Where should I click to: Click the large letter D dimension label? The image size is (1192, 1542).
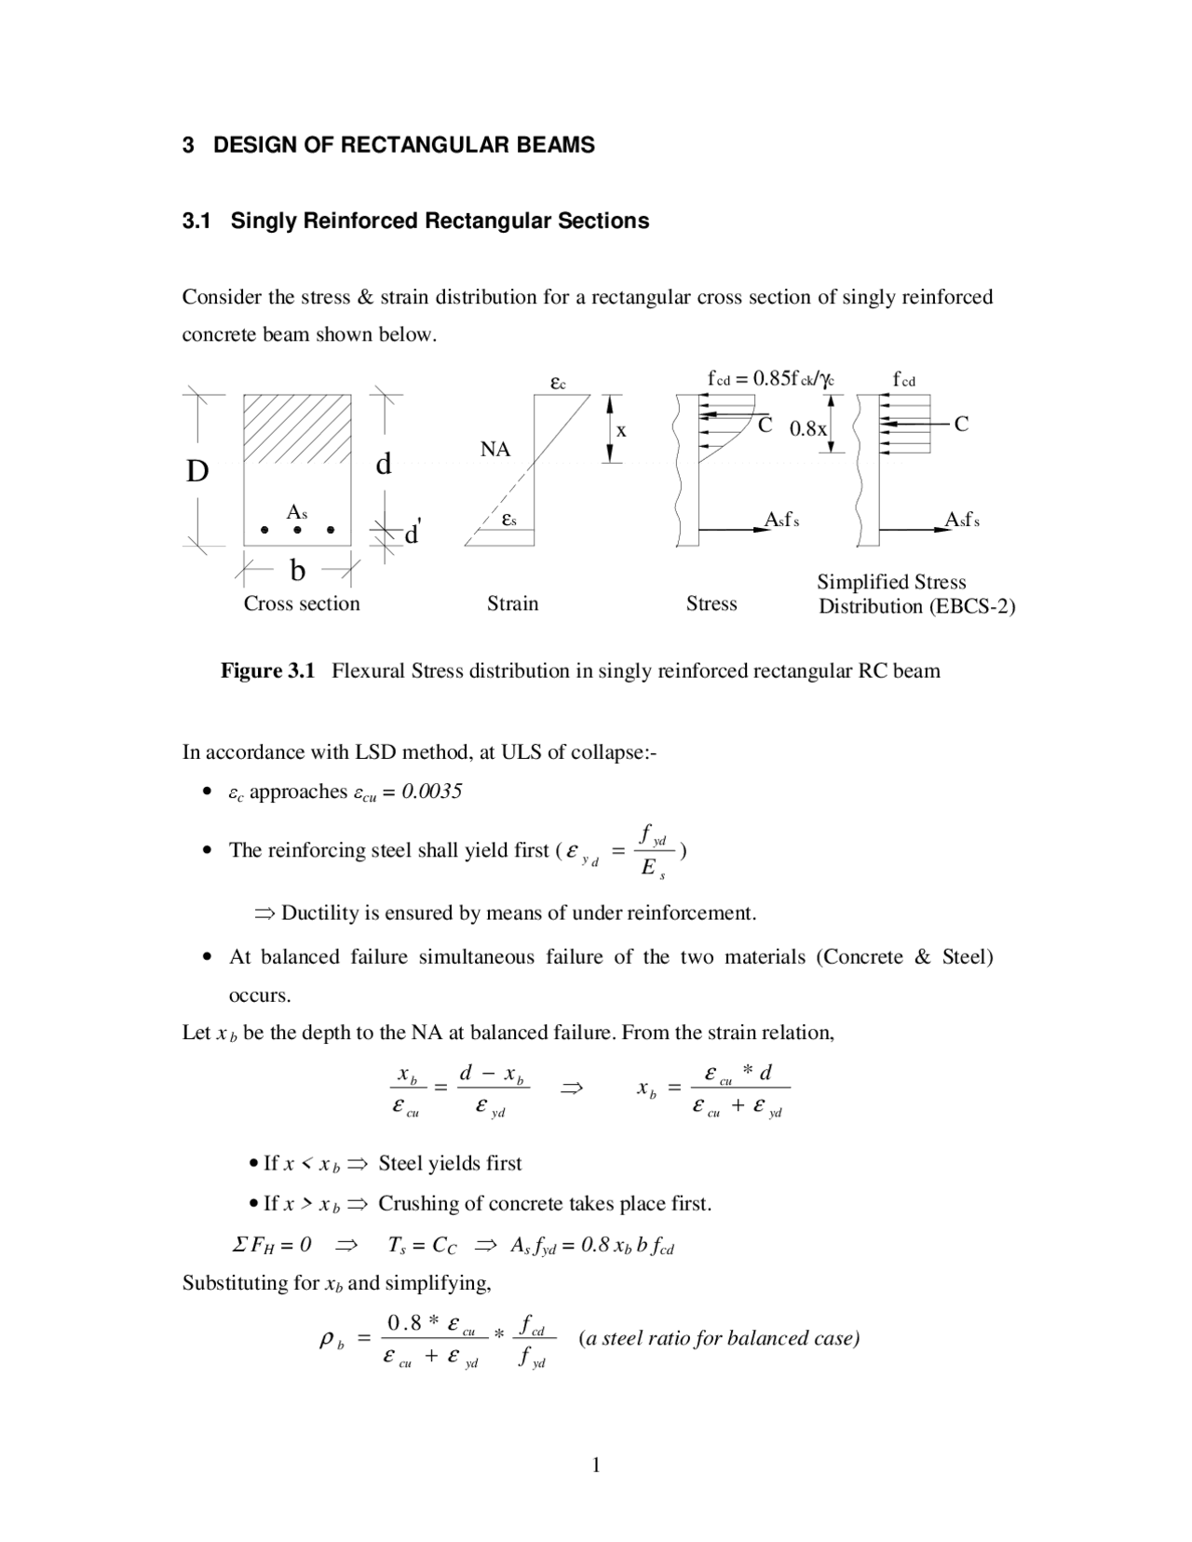point(197,472)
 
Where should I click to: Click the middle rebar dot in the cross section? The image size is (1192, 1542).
point(297,530)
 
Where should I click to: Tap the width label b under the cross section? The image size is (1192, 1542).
point(297,569)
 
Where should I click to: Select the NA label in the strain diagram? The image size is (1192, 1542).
point(495,450)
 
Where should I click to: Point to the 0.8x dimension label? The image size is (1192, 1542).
point(807,429)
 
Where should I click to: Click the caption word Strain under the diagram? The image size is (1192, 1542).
point(512,603)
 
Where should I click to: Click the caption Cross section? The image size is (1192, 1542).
point(302,603)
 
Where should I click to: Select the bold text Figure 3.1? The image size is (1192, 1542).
point(267,670)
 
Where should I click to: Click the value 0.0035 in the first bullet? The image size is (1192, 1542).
point(431,791)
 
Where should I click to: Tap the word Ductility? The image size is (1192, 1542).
point(319,913)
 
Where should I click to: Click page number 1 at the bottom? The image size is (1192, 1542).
point(596,1467)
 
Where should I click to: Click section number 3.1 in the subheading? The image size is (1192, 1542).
point(196,222)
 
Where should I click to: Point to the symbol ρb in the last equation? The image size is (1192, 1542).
point(332,1341)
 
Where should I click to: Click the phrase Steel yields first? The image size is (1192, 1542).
point(450,1163)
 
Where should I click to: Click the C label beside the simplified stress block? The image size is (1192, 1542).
point(961,425)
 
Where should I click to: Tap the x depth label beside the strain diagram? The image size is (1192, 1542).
point(621,430)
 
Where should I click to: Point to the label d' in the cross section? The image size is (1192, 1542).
point(411,534)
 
